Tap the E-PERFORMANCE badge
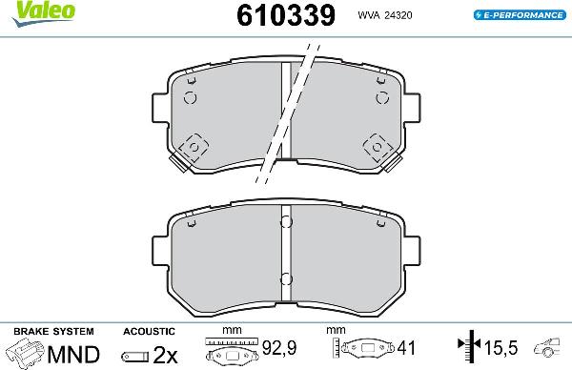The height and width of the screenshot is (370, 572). pyautogui.click(x=518, y=15)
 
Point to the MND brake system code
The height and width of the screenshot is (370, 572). pyautogui.click(x=73, y=355)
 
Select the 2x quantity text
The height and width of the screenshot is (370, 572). pyautogui.click(x=164, y=355)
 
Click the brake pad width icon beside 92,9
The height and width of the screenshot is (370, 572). pyautogui.click(x=231, y=354)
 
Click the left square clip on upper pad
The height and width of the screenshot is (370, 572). pyautogui.click(x=194, y=148)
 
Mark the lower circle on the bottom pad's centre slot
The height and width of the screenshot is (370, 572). pyautogui.click(x=285, y=279)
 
